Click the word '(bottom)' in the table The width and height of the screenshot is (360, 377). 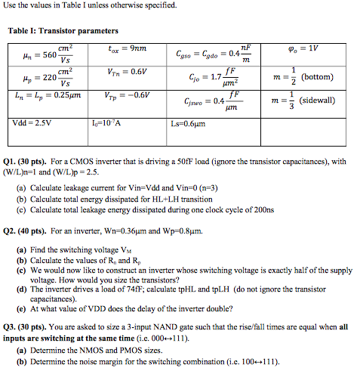tap(322, 78)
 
